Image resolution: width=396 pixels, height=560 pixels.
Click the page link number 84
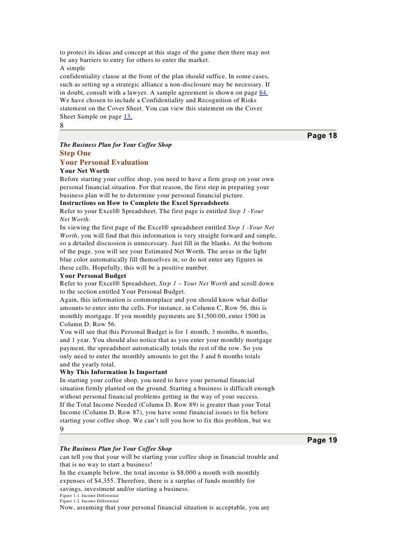click(x=263, y=94)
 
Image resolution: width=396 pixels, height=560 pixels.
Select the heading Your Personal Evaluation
click(x=104, y=162)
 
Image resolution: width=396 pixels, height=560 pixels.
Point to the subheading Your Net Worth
click(x=84, y=171)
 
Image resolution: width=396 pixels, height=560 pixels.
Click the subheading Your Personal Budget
click(x=94, y=275)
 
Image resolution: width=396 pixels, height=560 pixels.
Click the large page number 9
click(x=62, y=427)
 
